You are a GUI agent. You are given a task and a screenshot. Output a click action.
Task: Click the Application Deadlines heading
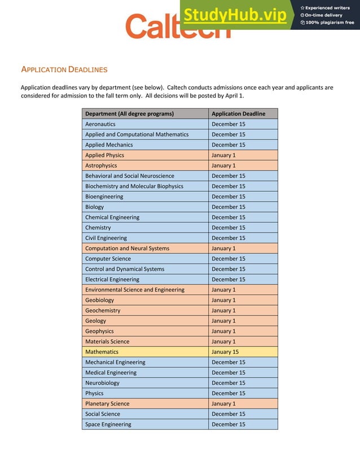pos(64,70)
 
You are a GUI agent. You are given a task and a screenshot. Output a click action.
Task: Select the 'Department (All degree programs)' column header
pos(129,114)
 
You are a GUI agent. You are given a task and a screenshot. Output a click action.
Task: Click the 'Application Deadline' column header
pos(238,114)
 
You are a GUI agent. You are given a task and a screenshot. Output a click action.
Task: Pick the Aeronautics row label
pos(100,124)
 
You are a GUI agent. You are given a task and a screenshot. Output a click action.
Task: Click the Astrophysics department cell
pos(101,165)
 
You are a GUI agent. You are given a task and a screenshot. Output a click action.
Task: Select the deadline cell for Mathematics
pos(225,352)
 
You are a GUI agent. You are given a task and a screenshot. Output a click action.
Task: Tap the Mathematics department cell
pos(102,352)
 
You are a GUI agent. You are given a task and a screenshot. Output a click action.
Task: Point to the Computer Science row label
pos(108,259)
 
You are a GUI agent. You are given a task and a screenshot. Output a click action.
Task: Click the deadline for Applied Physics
pos(223,155)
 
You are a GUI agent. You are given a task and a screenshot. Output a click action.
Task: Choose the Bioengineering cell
pos(104,197)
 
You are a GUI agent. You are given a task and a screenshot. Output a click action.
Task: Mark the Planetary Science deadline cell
pos(223,404)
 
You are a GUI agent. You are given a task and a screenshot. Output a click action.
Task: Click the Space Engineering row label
pos(108,424)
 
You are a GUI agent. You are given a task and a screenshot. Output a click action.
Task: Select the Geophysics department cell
pos(99,331)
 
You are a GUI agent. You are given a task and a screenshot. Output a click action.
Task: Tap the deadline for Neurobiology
pos(229,383)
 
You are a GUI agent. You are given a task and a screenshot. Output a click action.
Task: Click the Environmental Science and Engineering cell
pos(134,290)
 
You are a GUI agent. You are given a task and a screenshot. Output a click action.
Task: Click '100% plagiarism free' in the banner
pos(330,23)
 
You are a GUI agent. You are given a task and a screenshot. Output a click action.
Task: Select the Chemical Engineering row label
pos(112,217)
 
